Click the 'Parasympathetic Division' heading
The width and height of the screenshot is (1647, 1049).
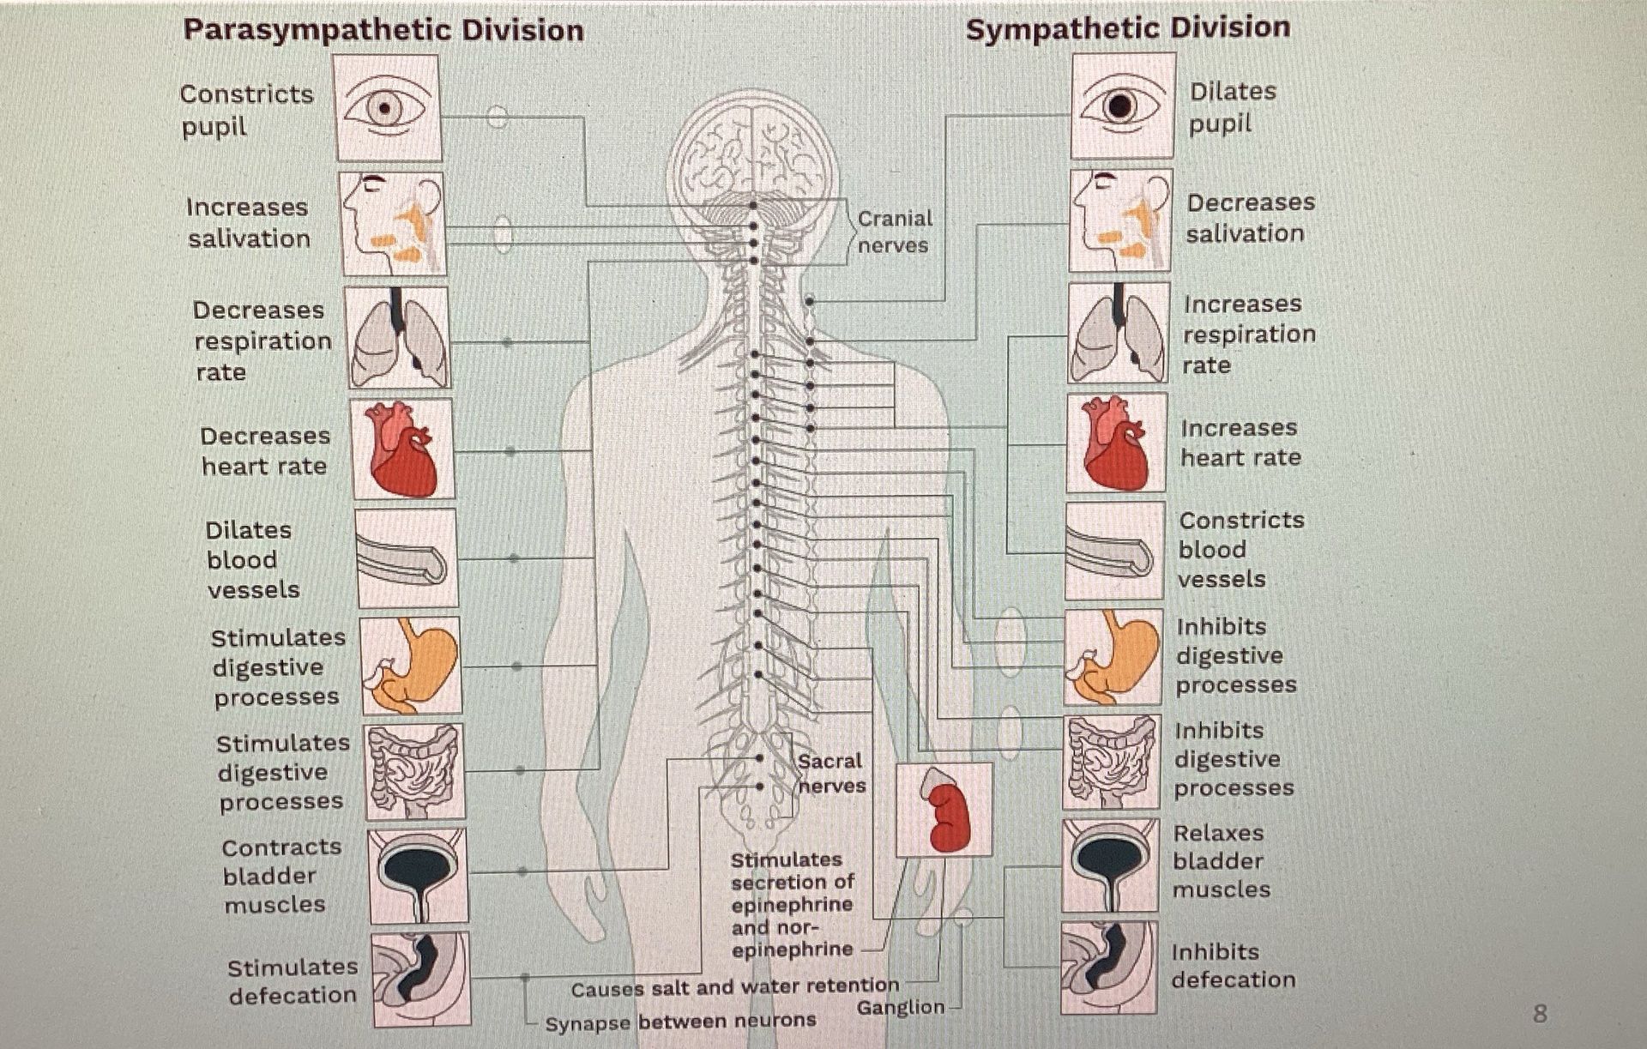(383, 31)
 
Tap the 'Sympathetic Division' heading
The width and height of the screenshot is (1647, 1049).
(1128, 28)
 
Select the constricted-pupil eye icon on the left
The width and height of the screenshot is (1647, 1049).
(388, 108)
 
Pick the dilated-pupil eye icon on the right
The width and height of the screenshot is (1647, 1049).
(1122, 106)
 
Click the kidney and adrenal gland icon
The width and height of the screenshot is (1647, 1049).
(944, 810)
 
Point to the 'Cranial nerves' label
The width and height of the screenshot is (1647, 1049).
(895, 232)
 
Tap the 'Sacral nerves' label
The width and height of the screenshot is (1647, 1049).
(831, 773)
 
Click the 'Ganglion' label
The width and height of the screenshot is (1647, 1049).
(900, 1007)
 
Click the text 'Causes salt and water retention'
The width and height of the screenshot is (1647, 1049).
(735, 988)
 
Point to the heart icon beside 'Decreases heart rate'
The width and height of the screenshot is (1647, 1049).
(402, 449)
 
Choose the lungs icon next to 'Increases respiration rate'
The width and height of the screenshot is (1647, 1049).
(1119, 333)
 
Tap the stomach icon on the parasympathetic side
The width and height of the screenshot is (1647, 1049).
(410, 666)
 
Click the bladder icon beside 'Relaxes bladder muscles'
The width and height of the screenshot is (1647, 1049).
(1111, 865)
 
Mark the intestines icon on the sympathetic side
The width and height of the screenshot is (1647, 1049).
(1112, 763)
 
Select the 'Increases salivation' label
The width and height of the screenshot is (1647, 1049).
(248, 223)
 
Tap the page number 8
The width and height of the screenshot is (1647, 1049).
(1540, 1014)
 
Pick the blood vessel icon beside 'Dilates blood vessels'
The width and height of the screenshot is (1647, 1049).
(406, 558)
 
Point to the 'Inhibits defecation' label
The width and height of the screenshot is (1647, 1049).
(1234, 966)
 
